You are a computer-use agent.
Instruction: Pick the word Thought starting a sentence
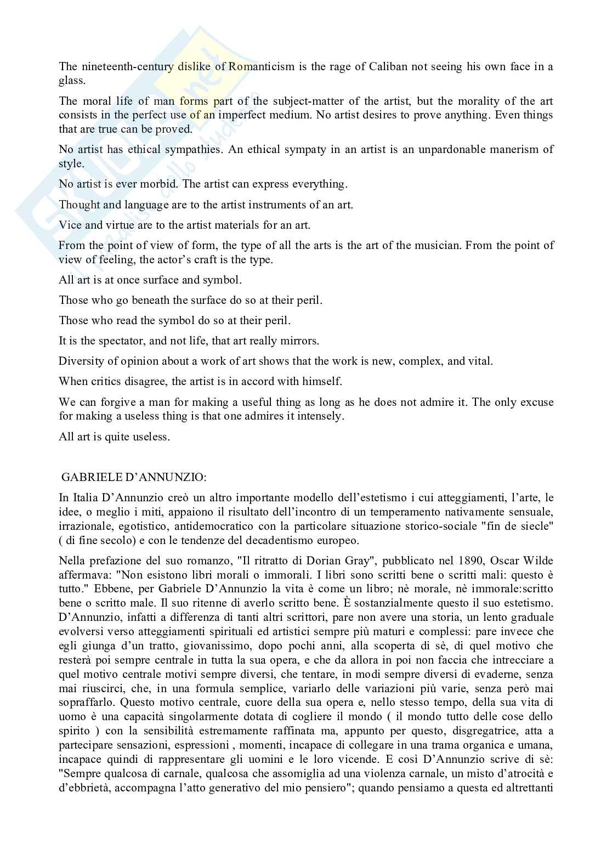coord(78,205)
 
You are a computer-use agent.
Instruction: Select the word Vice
coord(70,225)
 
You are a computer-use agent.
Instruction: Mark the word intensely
coord(318,416)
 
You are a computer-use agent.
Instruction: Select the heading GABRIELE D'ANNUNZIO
coord(134,478)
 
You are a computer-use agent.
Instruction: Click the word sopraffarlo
coord(86,702)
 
